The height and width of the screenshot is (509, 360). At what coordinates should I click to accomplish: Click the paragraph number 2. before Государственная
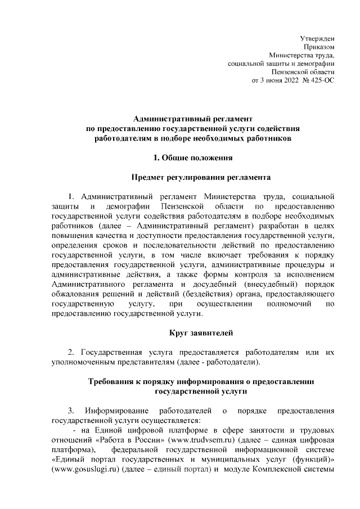(71, 352)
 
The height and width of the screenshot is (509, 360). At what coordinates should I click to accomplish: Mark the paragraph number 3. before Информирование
(70, 409)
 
